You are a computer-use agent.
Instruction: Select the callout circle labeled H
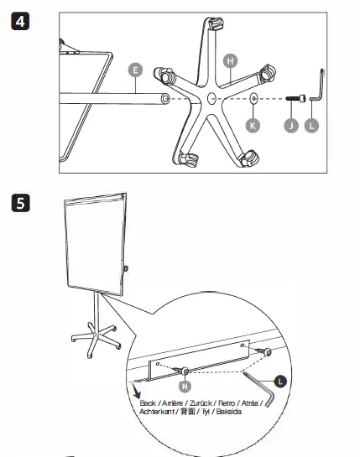[x=230, y=60]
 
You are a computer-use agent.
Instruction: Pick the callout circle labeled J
[x=291, y=124]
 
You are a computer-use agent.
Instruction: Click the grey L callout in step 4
[x=313, y=124]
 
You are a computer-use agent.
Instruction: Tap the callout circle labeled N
[x=184, y=387]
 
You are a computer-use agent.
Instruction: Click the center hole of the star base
[x=210, y=99]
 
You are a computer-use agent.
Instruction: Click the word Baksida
[x=230, y=412]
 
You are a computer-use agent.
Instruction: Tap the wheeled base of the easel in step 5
[x=93, y=339]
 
